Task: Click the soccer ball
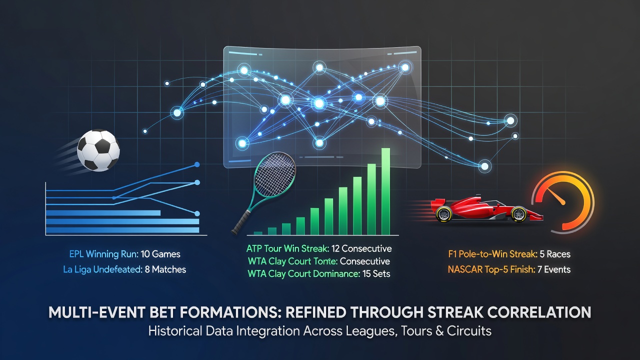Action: point(98,150)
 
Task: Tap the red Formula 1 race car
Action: point(487,209)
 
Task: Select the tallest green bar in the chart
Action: point(385,191)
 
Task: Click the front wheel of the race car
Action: point(519,214)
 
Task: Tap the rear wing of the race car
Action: point(437,205)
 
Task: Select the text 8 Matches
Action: point(165,269)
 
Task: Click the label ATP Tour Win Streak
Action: point(287,248)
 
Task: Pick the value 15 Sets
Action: point(376,273)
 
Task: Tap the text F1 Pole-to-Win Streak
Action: point(493,254)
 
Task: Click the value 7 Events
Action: point(554,269)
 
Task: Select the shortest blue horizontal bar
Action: point(103,213)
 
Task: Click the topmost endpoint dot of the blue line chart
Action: point(197,164)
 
